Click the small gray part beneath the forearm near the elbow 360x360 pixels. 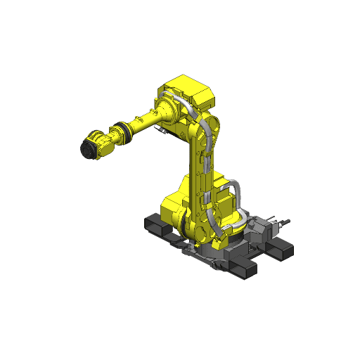163,131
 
